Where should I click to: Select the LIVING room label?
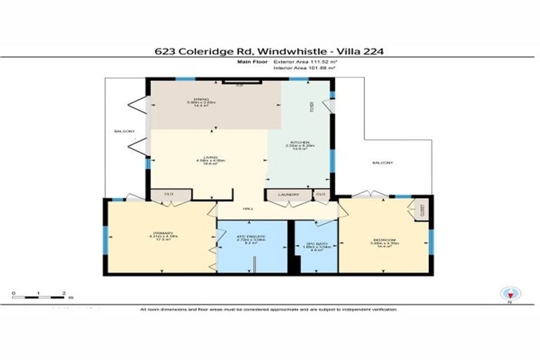point(209,157)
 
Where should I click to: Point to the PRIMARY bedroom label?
point(162,233)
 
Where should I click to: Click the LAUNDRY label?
point(289,195)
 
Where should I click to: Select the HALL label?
point(247,208)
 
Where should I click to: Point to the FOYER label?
point(311,107)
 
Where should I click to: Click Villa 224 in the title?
point(360,51)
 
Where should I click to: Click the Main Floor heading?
point(251,62)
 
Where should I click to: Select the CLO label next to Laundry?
point(320,195)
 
